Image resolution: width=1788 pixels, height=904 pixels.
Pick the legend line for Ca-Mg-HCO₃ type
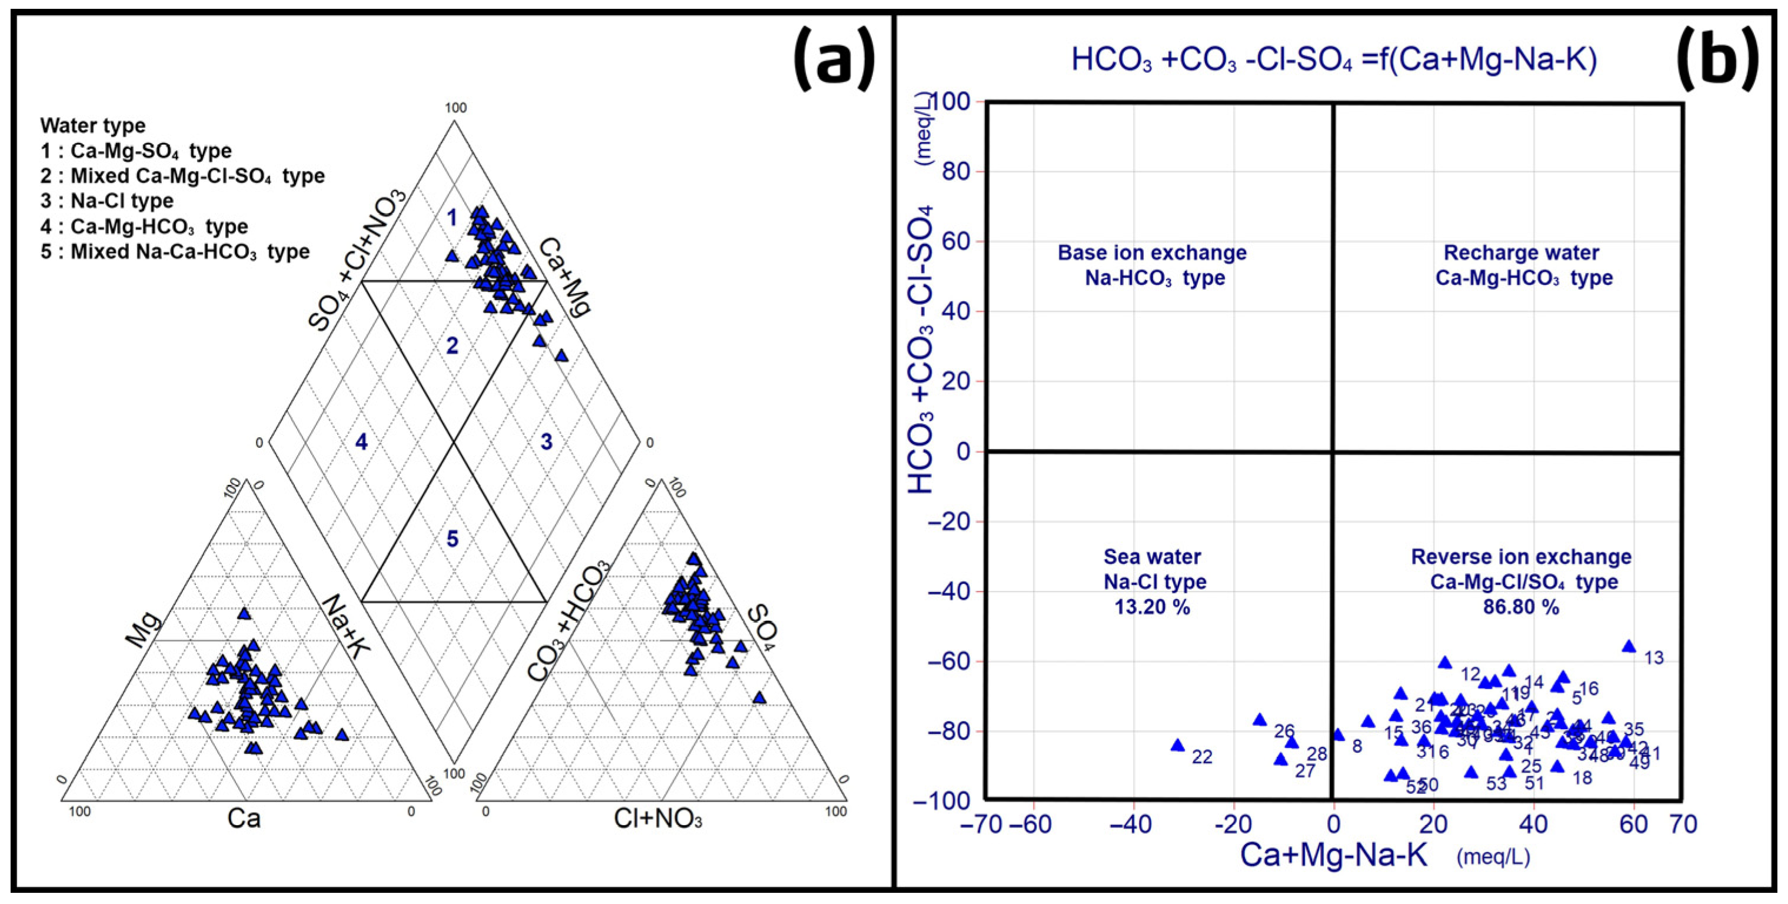point(144,227)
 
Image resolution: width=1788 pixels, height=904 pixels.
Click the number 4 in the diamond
point(361,441)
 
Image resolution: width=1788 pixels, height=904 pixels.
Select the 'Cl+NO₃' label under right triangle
point(658,820)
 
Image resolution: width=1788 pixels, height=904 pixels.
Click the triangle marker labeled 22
point(1177,746)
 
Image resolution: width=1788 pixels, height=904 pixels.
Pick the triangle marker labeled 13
point(1629,646)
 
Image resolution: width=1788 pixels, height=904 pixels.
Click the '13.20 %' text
point(1152,607)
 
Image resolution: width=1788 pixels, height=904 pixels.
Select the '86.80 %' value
point(1521,607)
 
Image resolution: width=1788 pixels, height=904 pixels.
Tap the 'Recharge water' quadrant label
point(1521,252)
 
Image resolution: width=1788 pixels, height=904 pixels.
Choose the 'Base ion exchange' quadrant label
point(1152,252)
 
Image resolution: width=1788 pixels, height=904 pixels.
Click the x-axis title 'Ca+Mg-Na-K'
point(1333,855)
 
